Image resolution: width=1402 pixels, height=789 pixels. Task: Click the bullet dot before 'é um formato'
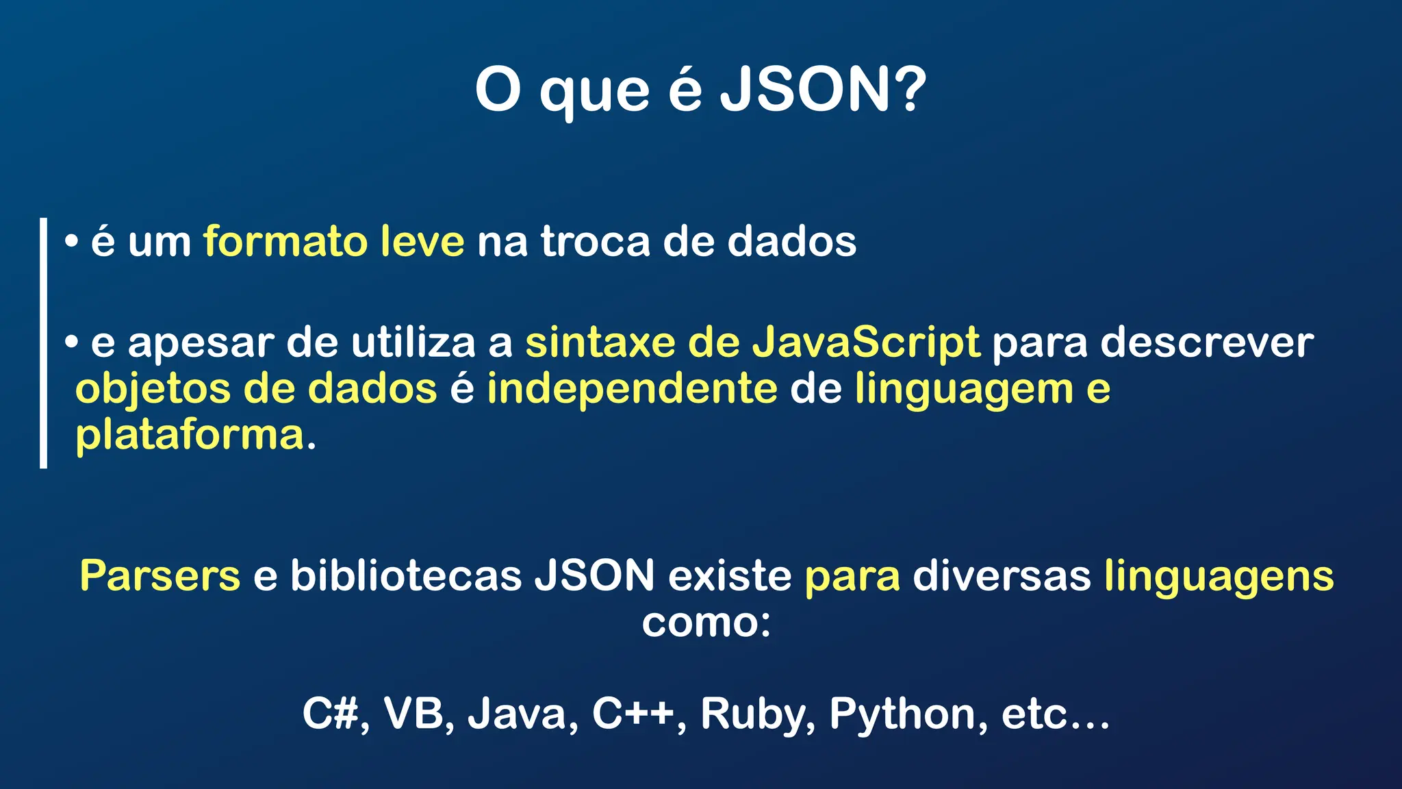pyautogui.click(x=71, y=242)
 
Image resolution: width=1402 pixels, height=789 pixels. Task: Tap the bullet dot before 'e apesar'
pyautogui.click(x=71, y=342)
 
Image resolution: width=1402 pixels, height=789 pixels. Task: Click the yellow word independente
pyautogui.click(x=632, y=388)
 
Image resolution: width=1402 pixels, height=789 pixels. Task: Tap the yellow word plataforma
pyautogui.click(x=190, y=435)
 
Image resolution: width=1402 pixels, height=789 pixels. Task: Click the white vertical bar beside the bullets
pyautogui.click(x=44, y=342)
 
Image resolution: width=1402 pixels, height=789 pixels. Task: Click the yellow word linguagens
pyautogui.click(x=1219, y=577)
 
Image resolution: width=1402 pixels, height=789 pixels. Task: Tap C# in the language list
pyautogui.click(x=331, y=714)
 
